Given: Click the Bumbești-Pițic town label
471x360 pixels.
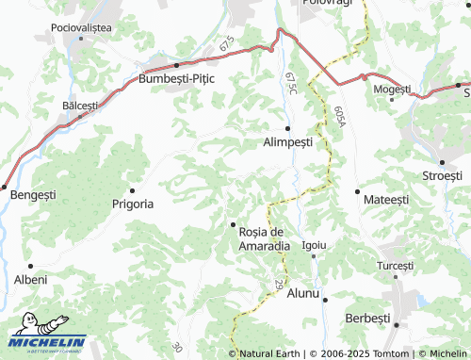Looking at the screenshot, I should pyautogui.click(x=177, y=79).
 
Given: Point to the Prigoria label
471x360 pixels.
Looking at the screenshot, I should pyautogui.click(x=133, y=203).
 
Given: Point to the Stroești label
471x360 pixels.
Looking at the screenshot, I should pyautogui.click(x=443, y=175).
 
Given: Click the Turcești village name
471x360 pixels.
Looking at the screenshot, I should pyautogui.click(x=395, y=266).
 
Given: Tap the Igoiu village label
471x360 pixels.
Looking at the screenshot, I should pyautogui.click(x=314, y=245).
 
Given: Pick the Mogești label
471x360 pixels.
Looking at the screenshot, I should pyautogui.click(x=392, y=89).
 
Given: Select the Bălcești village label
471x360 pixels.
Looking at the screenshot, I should pyautogui.click(x=79, y=106).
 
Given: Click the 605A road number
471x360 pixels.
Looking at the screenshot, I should pyautogui.click(x=337, y=117).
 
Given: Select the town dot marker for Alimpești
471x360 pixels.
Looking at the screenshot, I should pyautogui.click(x=287, y=128).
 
